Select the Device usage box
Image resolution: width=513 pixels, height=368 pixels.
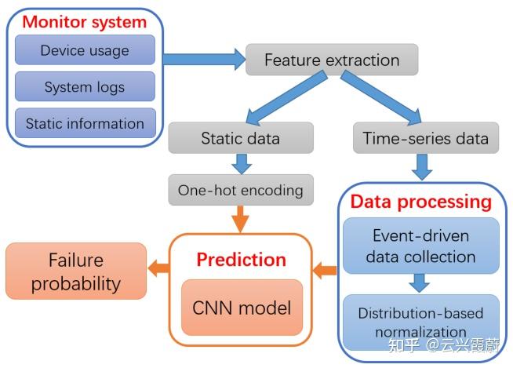(85, 51)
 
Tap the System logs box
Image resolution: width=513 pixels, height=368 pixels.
(85, 87)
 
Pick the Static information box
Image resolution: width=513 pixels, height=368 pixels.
(85, 123)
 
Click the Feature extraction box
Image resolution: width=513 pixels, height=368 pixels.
(331, 60)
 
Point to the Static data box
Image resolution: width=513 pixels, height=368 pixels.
(240, 139)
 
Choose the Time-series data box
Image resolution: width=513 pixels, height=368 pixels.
(425, 139)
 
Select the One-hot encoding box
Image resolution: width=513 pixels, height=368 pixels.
(240, 190)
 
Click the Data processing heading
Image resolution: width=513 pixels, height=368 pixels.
(420, 202)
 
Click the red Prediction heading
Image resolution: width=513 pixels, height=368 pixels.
(241, 259)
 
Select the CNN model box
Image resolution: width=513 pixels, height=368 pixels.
(241, 307)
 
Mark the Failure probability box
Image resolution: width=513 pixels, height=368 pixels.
(75, 271)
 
